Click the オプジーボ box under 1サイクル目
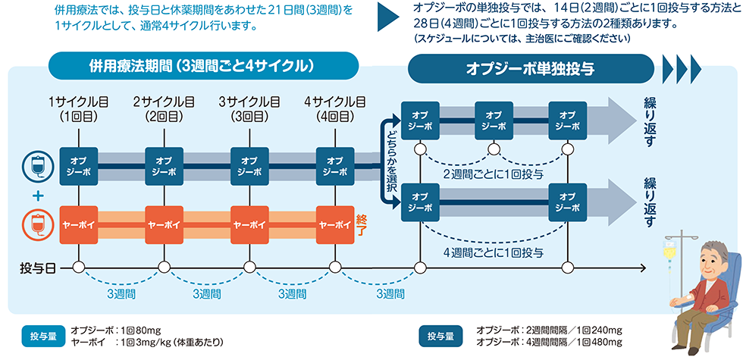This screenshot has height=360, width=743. pyautogui.click(x=78, y=166)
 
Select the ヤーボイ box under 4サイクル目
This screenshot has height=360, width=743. pyautogui.click(x=334, y=224)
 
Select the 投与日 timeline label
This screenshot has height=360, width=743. pyautogui.click(x=37, y=268)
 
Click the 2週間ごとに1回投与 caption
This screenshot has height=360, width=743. pyautogui.click(x=492, y=174)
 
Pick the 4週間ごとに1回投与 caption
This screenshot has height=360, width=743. pyautogui.click(x=492, y=252)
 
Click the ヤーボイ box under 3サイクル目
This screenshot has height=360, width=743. pyautogui.click(x=249, y=224)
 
